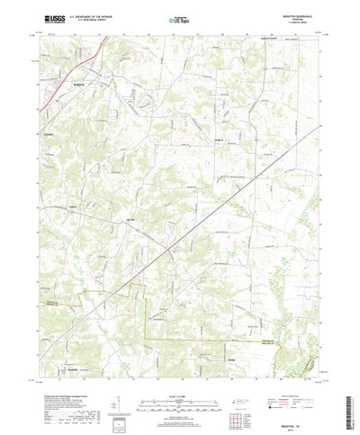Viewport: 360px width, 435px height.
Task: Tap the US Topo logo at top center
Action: (179, 17)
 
